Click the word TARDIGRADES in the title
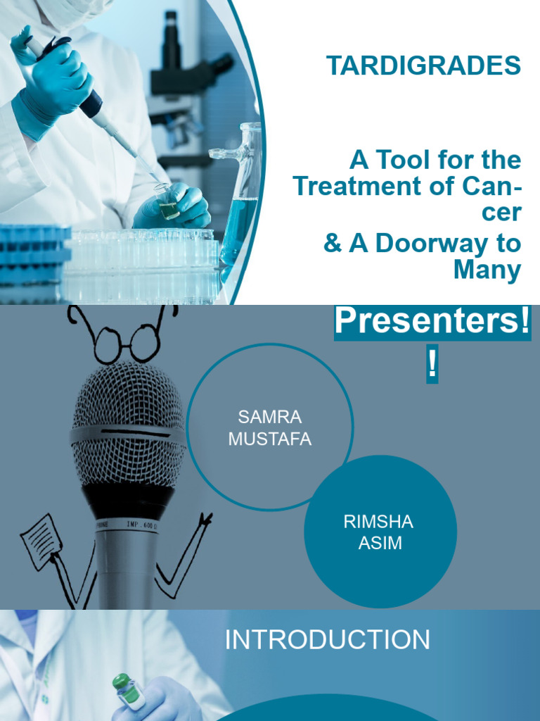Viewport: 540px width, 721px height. pos(423,65)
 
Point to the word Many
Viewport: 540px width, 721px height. pos(487,270)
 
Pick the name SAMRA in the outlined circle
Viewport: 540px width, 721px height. pos(270,417)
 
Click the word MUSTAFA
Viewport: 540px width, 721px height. pos(270,439)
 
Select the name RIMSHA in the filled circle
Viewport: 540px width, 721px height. pos(378,522)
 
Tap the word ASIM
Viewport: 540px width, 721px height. pos(380,543)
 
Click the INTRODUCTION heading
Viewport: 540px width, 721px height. pos(328,639)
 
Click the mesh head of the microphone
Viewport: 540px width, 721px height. pos(128,423)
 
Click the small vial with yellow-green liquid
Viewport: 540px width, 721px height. pos(167,202)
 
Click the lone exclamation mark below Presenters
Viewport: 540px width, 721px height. pos(432,363)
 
